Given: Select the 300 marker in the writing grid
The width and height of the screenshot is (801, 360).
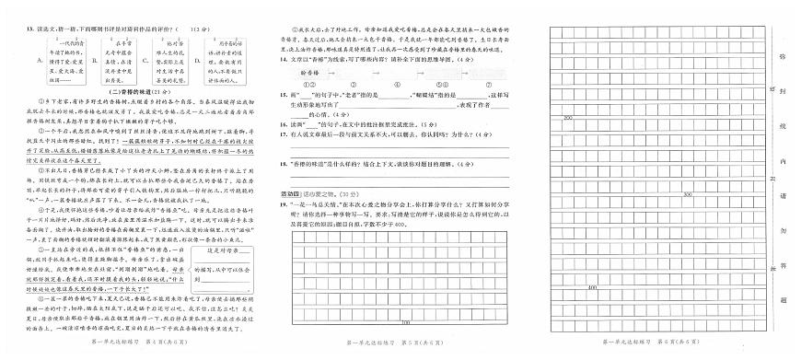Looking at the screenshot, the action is coord(687,195).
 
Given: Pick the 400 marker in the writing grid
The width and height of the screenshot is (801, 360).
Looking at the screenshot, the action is coord(590,288).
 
